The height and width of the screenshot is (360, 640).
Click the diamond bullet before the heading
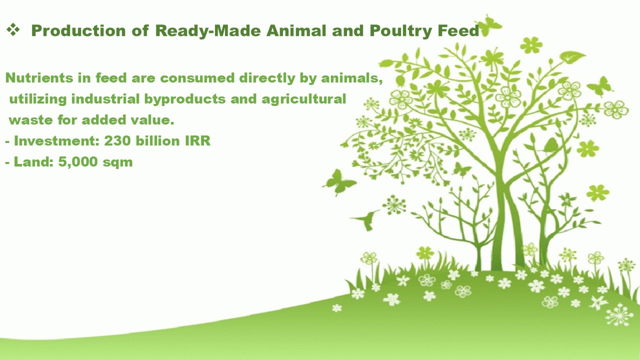pos(13,30)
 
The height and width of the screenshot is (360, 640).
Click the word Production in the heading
pos(78,30)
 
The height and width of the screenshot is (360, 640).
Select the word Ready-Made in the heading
pos(208,31)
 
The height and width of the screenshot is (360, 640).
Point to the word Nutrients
pos(39,77)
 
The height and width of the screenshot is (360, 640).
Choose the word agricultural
pos(303,99)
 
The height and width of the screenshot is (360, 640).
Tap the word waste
pos(30,120)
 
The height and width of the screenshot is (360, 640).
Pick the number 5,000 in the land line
pos(78,162)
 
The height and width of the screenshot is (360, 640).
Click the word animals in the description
pos(351,77)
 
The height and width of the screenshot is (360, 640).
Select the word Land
pos(33,161)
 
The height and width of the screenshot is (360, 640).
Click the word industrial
pos(105,99)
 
